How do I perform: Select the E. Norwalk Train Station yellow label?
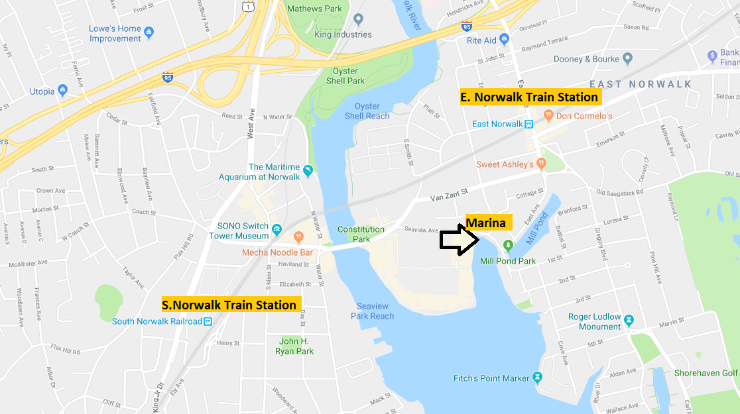click(529, 97)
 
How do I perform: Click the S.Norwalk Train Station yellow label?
click(229, 305)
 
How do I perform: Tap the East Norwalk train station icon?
click(529, 124)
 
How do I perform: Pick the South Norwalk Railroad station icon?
click(208, 322)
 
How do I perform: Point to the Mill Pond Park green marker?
click(508, 246)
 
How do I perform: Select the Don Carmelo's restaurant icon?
click(548, 116)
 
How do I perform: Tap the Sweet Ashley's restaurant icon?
click(542, 164)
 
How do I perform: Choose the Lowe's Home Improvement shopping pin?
click(149, 32)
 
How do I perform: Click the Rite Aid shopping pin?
click(505, 40)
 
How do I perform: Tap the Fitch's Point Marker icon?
click(537, 378)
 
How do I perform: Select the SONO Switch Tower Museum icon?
click(277, 230)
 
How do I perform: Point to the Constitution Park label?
click(361, 234)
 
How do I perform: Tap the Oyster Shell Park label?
click(345, 76)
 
